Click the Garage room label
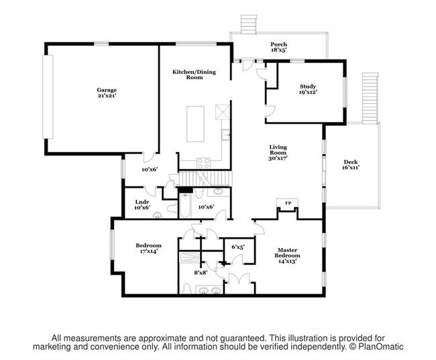[x=106, y=93]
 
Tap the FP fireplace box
[x=288, y=204]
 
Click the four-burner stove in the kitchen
[x=204, y=161]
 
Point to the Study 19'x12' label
[x=308, y=89]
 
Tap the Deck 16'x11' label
[x=351, y=164]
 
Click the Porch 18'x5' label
[x=278, y=46]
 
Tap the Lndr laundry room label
[x=142, y=204]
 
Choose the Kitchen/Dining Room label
[x=189, y=74]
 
